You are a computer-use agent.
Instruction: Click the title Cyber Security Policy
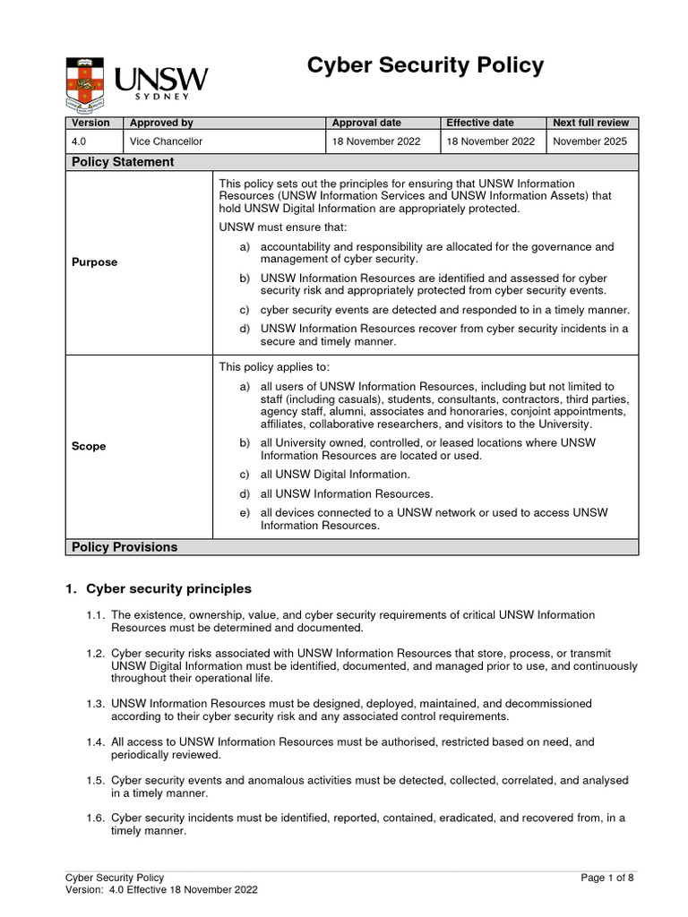[x=426, y=65]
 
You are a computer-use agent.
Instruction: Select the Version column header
[x=90, y=123]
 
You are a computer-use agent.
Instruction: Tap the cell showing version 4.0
[x=79, y=141]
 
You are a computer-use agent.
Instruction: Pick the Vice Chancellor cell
[x=167, y=141]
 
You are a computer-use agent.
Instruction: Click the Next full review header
[x=590, y=123]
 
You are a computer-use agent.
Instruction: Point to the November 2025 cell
[x=590, y=141]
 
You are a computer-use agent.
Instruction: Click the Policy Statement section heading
[x=123, y=162]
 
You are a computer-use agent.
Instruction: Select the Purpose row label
[x=94, y=262]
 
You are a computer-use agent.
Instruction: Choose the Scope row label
[x=89, y=446]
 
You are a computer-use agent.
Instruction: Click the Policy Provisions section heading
[x=125, y=547]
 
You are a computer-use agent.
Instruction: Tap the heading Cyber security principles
[x=168, y=589]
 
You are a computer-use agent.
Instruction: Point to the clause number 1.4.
[x=96, y=742]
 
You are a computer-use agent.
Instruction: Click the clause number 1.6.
[x=96, y=818]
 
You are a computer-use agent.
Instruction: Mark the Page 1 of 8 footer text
[x=607, y=878]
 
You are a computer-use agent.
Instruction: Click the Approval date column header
[x=366, y=123]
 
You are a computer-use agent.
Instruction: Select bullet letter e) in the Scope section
[x=245, y=513]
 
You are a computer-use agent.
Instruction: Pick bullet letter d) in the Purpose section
[x=245, y=329]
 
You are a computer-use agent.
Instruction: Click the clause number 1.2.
[x=96, y=654]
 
